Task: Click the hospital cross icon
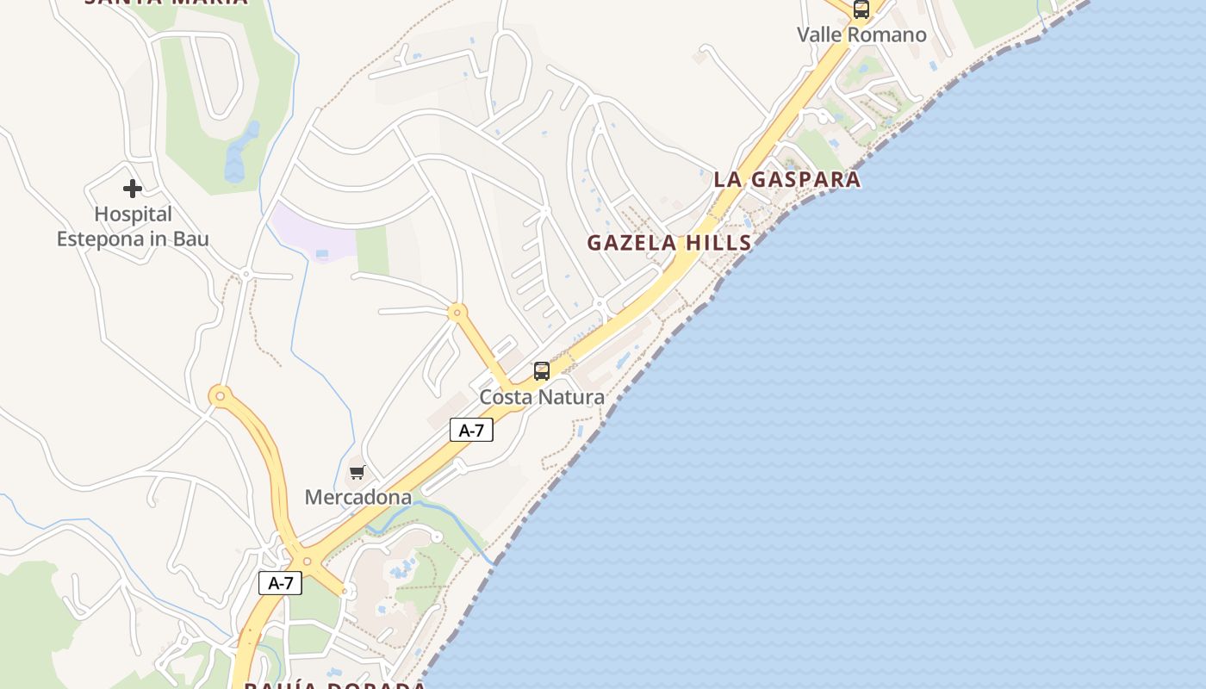pos(132,189)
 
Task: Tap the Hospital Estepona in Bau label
pos(133,227)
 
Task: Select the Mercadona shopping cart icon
pos(357,472)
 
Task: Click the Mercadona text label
pos(357,497)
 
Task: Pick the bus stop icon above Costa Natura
pos(541,371)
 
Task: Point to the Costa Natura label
pos(541,397)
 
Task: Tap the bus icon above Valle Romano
pos(861,9)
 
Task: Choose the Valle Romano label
pos(861,35)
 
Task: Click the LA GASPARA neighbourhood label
pos(786,179)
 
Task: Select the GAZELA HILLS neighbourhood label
pos(669,243)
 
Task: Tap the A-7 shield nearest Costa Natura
pos(471,431)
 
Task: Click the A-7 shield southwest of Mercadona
pos(281,583)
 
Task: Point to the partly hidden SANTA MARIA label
pos(165,3)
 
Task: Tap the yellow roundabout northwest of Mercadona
pos(221,396)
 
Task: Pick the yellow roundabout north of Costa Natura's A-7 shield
pos(457,312)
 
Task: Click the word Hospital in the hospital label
pos(133,214)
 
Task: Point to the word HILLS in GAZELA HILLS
pos(718,243)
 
